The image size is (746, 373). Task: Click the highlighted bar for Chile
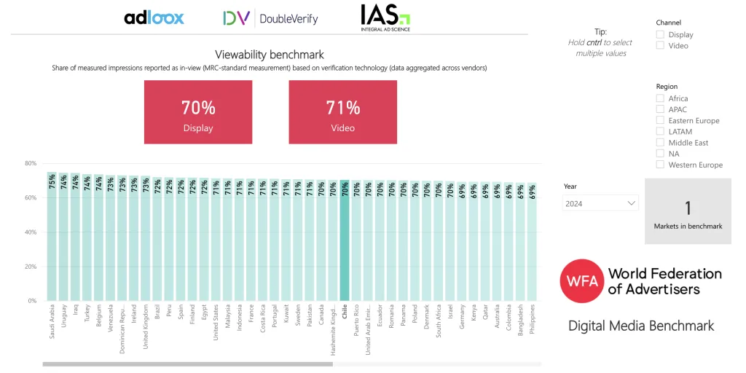[345, 240]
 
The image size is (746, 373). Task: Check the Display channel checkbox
[660, 34]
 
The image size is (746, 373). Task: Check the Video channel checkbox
[660, 45]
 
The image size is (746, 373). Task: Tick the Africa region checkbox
[660, 98]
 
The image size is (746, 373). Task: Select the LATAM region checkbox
[660, 132]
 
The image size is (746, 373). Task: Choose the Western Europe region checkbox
[660, 165]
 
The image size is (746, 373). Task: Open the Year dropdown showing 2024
[600, 204]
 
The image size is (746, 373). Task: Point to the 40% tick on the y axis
[31, 232]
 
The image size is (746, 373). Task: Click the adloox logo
[154, 18]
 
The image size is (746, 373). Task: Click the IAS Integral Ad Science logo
[385, 17]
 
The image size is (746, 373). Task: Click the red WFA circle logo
[581, 280]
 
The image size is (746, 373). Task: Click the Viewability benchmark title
[270, 55]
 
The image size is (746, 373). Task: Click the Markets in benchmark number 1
[688, 208]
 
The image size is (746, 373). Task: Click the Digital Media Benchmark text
[641, 326]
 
